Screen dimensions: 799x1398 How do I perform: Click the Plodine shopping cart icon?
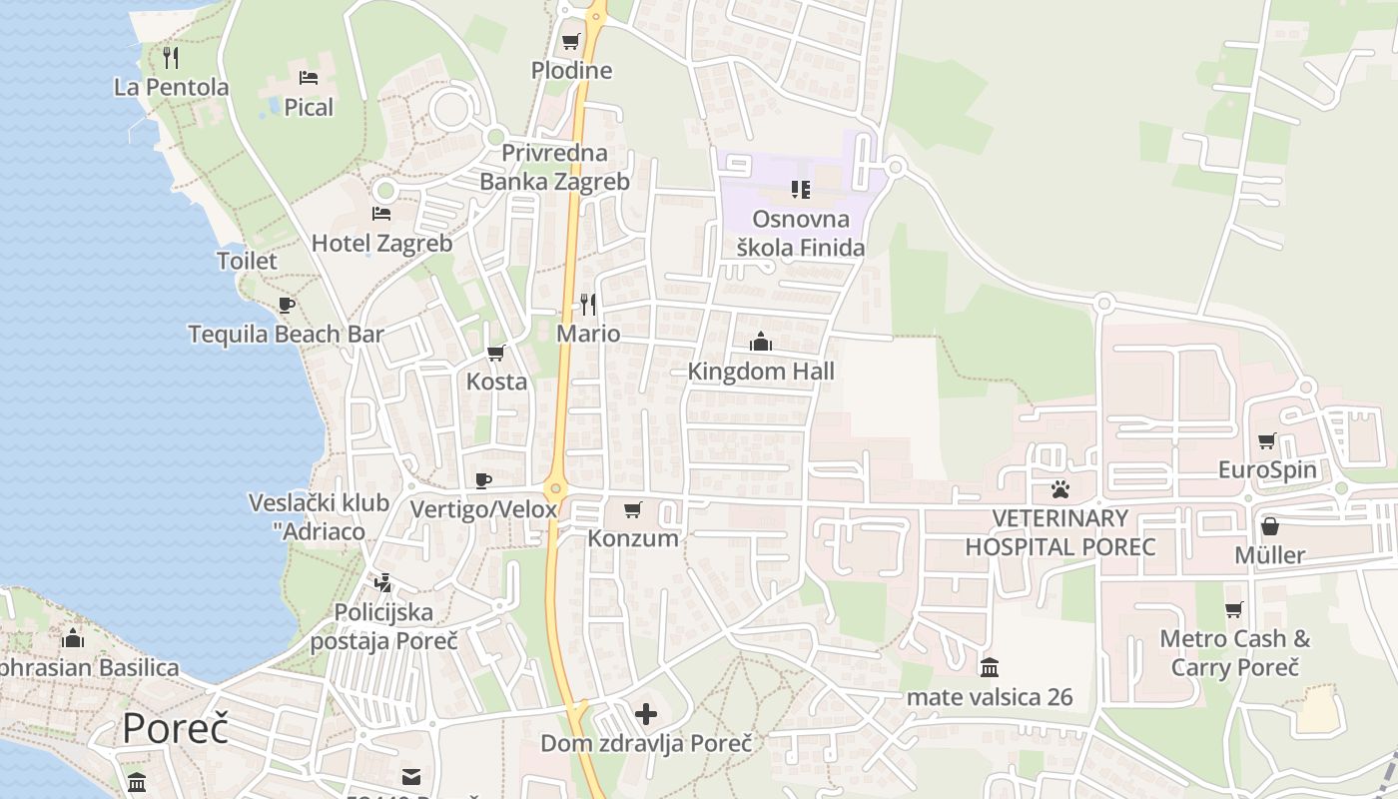click(570, 42)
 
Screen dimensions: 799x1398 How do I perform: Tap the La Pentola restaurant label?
click(171, 87)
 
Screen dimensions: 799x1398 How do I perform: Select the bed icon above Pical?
click(309, 77)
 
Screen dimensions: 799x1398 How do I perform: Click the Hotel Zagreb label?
click(381, 243)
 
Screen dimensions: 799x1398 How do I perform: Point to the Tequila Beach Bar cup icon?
click(287, 305)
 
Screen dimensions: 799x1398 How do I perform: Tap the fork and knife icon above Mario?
click(588, 304)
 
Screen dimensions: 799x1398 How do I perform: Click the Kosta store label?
click(496, 381)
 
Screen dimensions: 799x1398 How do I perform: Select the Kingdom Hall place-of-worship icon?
click(761, 342)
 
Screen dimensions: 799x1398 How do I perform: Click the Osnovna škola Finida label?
click(800, 233)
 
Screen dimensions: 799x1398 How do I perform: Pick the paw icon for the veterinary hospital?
click(1059, 489)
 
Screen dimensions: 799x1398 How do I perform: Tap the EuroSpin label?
click(1267, 469)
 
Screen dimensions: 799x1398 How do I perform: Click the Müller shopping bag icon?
click(1269, 525)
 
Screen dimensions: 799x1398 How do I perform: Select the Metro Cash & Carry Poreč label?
click(1234, 652)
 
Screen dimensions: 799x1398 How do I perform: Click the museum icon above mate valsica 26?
click(990, 667)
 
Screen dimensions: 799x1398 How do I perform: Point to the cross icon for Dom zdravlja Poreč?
click(646, 714)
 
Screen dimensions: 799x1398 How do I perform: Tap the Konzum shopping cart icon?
click(632, 510)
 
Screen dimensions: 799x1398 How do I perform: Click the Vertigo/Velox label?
click(483, 509)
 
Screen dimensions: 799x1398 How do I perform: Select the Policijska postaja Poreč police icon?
click(382, 582)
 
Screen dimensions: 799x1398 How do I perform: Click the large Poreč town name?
click(175, 728)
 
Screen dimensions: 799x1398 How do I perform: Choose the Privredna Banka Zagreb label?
click(554, 167)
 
